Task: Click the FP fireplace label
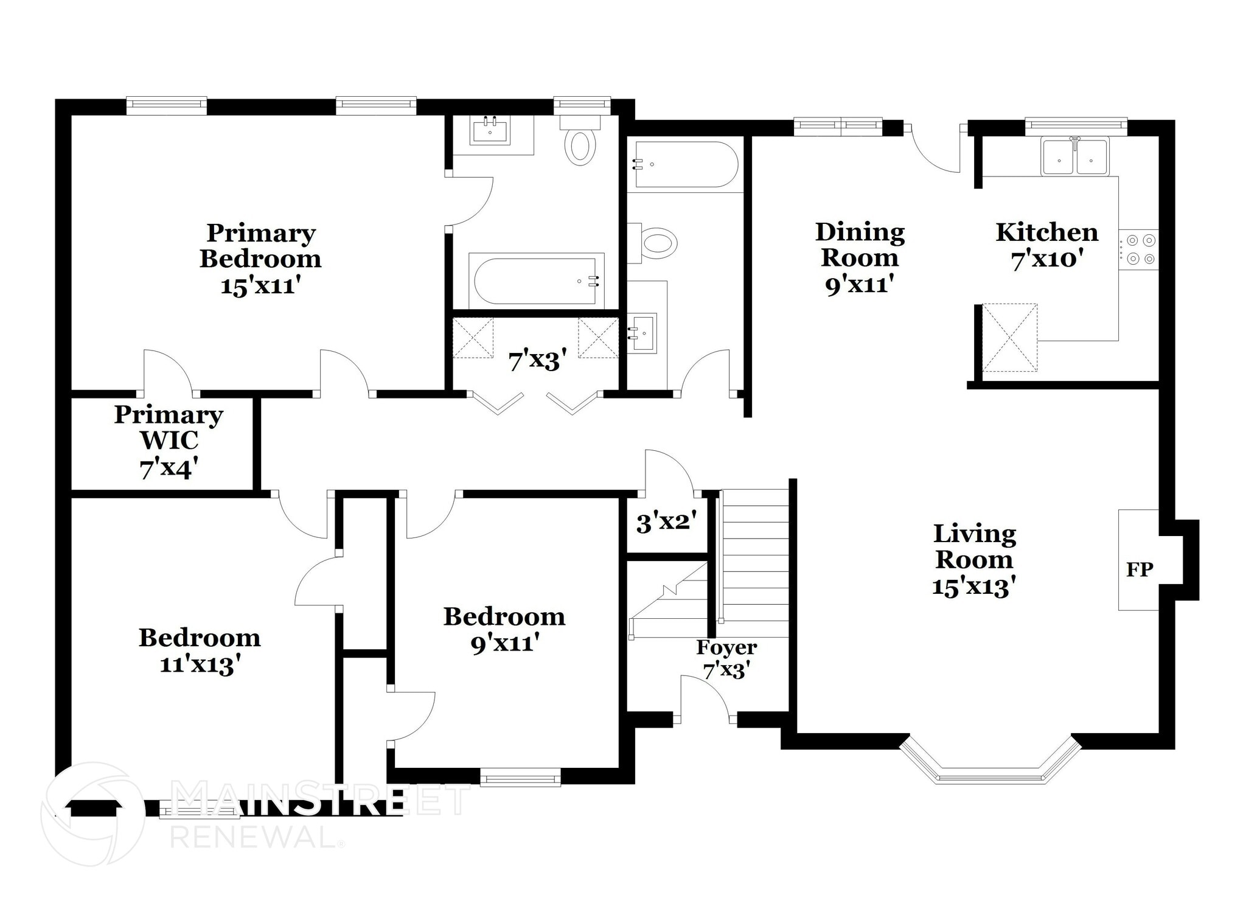(1140, 570)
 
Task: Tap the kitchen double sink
(1074, 158)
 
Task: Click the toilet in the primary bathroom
(580, 144)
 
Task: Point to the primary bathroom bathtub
(535, 281)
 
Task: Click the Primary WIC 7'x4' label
(169, 441)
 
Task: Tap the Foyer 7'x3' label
(726, 658)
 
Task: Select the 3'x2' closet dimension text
(666, 522)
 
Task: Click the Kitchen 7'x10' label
(1046, 245)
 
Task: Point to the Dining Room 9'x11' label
(860, 257)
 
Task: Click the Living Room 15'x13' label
(974, 560)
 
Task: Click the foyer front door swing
(706, 700)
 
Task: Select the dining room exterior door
(934, 150)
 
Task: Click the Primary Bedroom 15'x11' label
(260, 259)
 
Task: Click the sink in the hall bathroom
(642, 332)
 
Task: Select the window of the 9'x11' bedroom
(520, 777)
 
